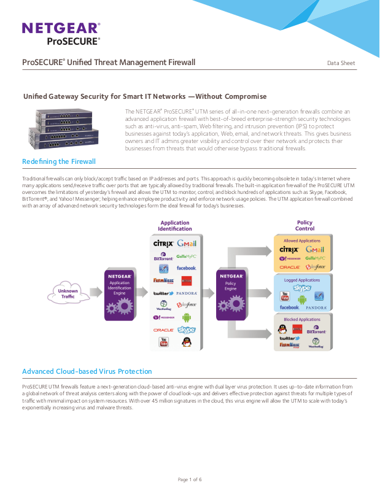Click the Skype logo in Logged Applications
pos(302,288)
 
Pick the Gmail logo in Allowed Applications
pos(315,250)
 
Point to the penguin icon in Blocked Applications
pos(282,330)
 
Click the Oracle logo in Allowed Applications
pos(289,268)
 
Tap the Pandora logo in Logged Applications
pos(316,307)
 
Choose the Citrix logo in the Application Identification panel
pos(164,244)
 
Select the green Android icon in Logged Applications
pos(302,299)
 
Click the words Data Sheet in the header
pos(341,63)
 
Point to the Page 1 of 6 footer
pos(190,479)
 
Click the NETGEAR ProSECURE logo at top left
pos(61,33)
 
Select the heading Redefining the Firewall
pos(59,161)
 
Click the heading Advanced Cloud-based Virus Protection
pos(87,371)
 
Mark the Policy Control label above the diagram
pos(304,226)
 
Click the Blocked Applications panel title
pos(302,319)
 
